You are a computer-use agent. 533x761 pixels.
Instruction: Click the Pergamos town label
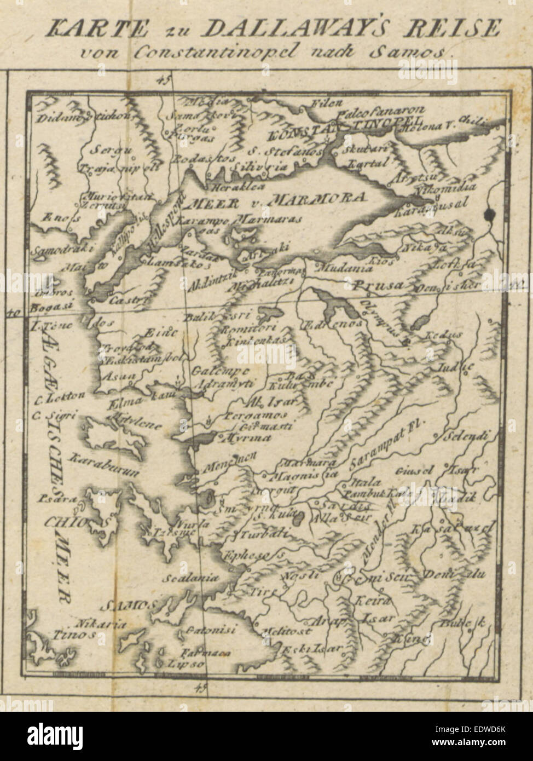[253, 417]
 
